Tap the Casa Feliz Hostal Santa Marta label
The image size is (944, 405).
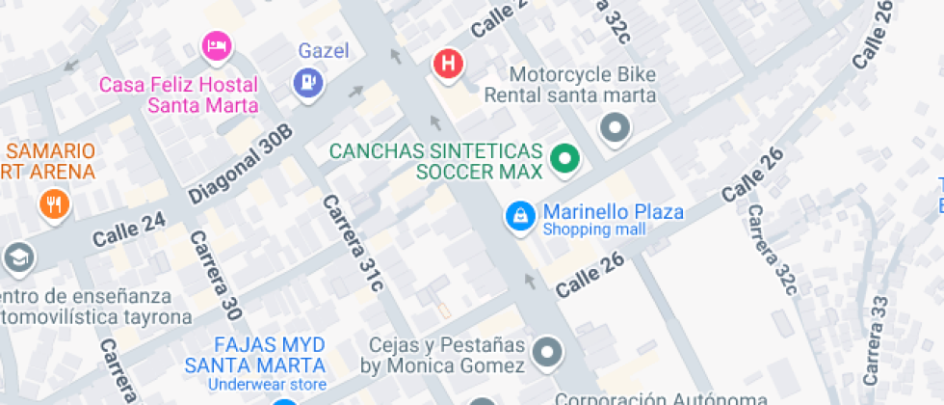point(179,94)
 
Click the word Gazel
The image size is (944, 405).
point(323,51)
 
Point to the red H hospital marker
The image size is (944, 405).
point(448,65)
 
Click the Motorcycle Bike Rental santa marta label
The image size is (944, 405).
point(569,85)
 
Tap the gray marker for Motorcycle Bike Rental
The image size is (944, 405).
point(615,127)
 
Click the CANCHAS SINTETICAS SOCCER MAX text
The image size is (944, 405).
point(436,162)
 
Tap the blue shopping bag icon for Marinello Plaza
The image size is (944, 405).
point(520,216)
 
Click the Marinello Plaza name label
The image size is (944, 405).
point(613,211)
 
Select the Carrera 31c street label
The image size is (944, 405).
point(352,243)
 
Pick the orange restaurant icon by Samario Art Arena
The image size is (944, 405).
point(53,203)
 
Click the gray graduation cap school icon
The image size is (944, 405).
point(16,256)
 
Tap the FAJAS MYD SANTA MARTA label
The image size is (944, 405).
point(255,355)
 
